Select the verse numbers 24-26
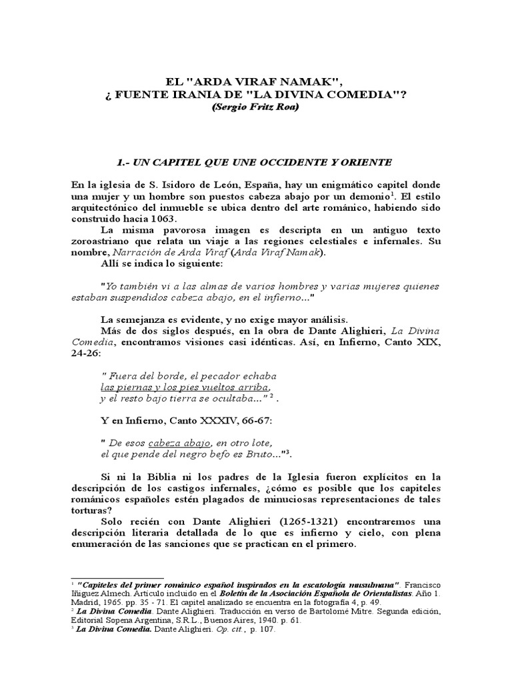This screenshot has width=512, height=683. coord(89,354)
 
